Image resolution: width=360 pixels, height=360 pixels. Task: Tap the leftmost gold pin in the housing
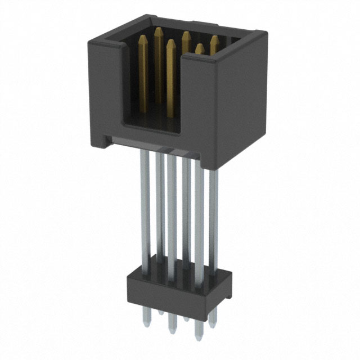143,67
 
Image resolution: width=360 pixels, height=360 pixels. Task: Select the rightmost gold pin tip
214,42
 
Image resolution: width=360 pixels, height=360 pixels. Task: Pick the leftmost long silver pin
145,208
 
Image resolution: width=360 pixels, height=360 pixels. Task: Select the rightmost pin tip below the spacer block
213,321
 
